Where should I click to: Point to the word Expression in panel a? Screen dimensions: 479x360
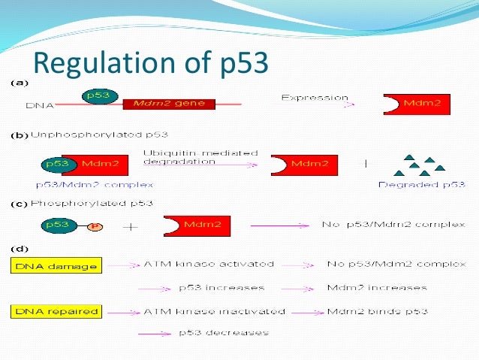pyautogui.click(x=315, y=98)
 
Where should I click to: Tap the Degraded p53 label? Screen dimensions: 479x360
pyautogui.click(x=421, y=184)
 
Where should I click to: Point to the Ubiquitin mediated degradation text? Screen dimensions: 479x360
pyautogui.click(x=200, y=157)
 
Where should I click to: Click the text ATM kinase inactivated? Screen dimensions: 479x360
pyautogui.click(x=215, y=311)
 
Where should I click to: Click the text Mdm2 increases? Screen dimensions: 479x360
pyautogui.click(x=377, y=288)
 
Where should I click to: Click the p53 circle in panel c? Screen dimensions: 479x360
pyautogui.click(x=58, y=224)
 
